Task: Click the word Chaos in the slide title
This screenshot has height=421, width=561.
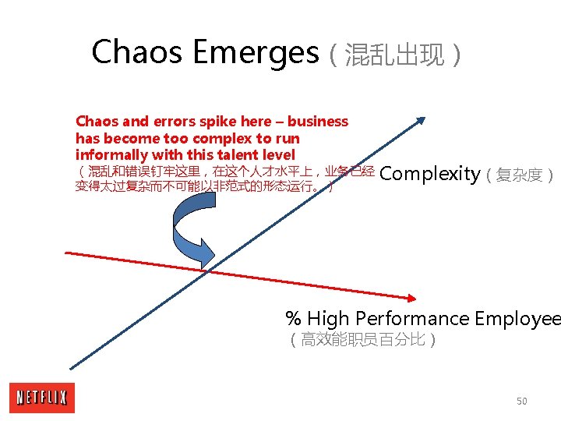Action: tap(137, 53)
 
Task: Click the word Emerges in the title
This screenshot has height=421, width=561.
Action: tap(255, 53)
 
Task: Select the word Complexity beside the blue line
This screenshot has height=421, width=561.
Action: tap(429, 173)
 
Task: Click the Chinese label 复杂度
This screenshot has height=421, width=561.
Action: tap(520, 175)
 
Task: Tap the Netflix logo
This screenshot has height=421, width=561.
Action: tap(42, 398)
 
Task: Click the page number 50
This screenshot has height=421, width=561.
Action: tap(521, 401)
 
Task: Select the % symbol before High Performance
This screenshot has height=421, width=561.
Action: tap(294, 318)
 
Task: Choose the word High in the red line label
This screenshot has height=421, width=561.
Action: tap(327, 318)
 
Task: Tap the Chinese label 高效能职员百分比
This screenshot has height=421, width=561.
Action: tap(363, 340)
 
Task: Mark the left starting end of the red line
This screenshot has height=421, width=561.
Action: tap(67, 253)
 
